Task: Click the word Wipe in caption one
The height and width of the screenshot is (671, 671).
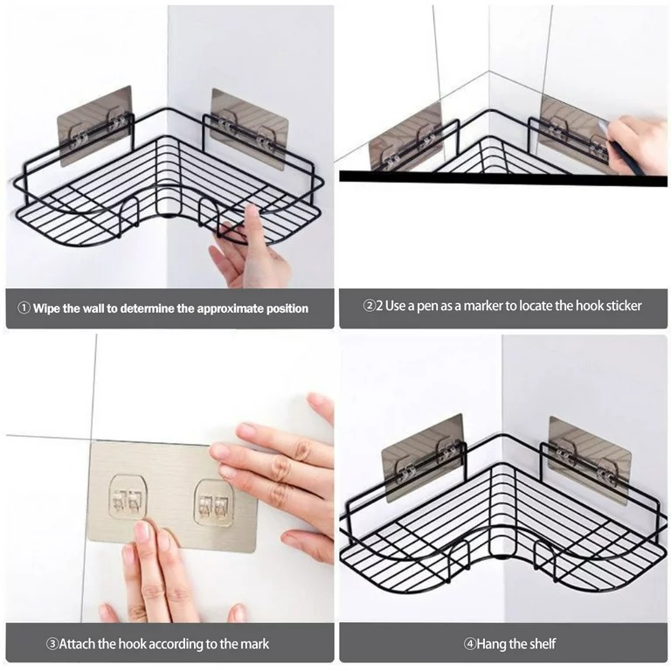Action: [x=47, y=308]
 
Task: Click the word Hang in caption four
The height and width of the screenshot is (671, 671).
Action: [x=494, y=644]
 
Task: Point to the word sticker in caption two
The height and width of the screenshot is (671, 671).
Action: [x=621, y=306]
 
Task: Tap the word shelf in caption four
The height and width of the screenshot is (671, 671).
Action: [x=539, y=644]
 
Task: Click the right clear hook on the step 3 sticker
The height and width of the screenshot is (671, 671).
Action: [x=214, y=502]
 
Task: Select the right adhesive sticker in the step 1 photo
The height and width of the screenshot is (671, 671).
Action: [x=249, y=127]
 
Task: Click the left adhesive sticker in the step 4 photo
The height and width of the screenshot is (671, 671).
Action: [x=423, y=454]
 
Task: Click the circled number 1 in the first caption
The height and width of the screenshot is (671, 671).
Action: [x=24, y=308]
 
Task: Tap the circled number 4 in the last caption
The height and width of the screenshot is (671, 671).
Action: [x=469, y=644]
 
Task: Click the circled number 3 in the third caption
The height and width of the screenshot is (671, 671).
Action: [x=52, y=644]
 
